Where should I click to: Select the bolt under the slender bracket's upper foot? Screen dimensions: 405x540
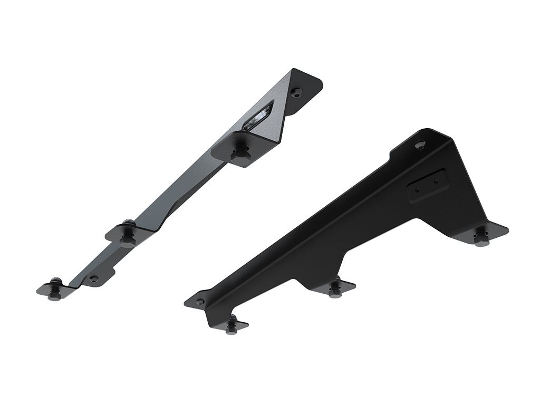pyautogui.click(x=241, y=152)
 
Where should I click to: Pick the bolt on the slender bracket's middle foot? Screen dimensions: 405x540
pyautogui.click(x=128, y=235)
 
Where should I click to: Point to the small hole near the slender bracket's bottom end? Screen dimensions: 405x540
pyautogui.click(x=93, y=278)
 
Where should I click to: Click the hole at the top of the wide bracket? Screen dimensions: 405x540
pyautogui.click(x=420, y=144)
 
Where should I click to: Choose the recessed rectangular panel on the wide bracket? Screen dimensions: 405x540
pyautogui.click(x=428, y=185)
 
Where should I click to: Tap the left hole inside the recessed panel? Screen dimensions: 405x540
pyautogui.click(x=417, y=189)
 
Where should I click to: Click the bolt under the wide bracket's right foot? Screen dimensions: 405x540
pyautogui.click(x=480, y=237)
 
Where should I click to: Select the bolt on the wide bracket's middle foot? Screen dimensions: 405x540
pyautogui.click(x=335, y=289)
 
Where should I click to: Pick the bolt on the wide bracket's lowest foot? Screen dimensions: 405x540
pyautogui.click(x=232, y=325)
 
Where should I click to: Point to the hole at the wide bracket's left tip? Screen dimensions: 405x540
pyautogui.click(x=199, y=302)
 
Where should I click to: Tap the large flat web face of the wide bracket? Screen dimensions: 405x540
pyautogui.click(x=369, y=227)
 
